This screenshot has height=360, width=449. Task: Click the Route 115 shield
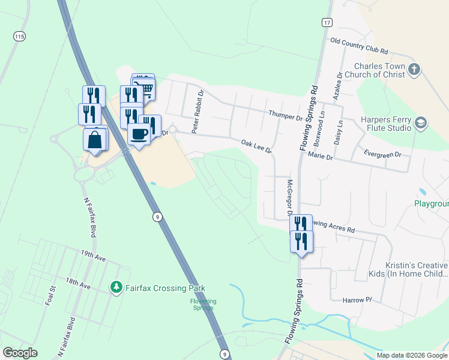coord(19,37)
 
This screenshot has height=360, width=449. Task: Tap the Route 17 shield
coord(326,22)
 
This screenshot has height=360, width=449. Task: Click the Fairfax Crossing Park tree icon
coord(116,287)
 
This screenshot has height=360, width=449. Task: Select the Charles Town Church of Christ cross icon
coord(414,70)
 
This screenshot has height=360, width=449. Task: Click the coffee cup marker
coord(139,134)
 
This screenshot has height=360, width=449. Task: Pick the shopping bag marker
coord(95,140)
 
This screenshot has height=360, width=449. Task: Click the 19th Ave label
coord(93,256)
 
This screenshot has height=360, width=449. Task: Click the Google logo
coord(20,353)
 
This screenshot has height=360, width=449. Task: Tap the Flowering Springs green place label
coord(203,304)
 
